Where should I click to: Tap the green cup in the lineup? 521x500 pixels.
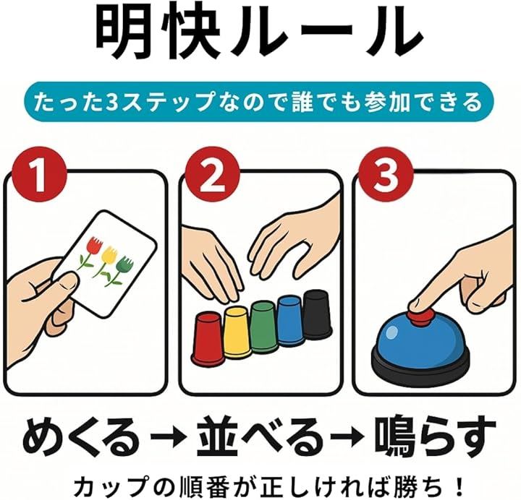tap(264, 327)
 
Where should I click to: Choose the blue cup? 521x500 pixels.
tap(291, 321)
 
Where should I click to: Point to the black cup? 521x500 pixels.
tap(318, 314)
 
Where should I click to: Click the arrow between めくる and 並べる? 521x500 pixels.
tap(168, 439)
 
